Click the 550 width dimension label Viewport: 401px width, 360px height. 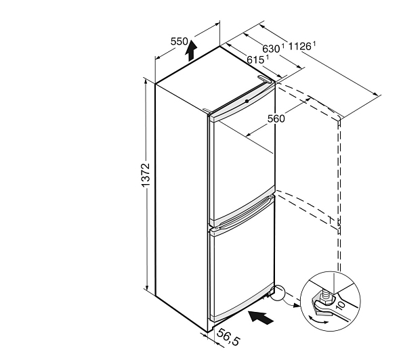(x=180, y=41)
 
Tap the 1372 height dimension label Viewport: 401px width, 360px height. (x=145, y=175)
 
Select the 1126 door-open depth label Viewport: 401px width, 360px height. (x=299, y=47)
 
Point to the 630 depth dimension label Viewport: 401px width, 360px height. (x=271, y=49)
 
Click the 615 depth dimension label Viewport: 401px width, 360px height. (x=255, y=60)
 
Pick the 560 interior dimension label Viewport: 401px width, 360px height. (x=276, y=118)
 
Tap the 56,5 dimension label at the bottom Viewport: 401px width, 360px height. (x=228, y=337)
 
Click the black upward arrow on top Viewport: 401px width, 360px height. (x=191, y=50)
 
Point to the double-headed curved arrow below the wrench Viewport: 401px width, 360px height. (x=318, y=320)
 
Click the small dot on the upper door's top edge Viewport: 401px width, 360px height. (x=247, y=102)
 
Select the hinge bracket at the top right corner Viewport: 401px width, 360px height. (x=264, y=78)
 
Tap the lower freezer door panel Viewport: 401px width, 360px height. (x=242, y=271)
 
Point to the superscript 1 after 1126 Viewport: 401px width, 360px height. (x=314, y=44)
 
